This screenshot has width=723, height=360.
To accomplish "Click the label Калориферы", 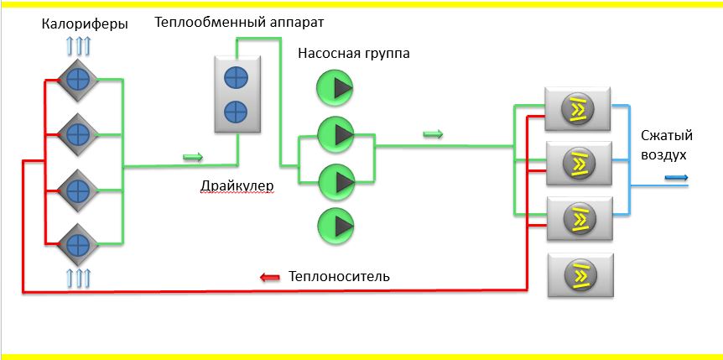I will [85, 24].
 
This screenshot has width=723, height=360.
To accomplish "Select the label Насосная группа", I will [353, 54].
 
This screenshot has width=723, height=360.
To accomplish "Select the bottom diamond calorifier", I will [78, 244].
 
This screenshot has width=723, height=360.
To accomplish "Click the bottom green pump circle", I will [335, 225].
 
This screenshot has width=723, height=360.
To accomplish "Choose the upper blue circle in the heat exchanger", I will [237, 78].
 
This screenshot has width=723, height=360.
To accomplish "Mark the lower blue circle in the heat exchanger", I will [237, 110].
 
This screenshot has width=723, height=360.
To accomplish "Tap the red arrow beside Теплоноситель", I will [269, 277].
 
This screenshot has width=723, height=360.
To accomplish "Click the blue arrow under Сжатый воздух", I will [677, 177].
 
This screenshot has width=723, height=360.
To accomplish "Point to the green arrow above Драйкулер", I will [193, 156].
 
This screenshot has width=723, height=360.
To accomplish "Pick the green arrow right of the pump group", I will [432, 134].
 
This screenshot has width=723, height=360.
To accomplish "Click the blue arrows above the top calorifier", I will [76, 45].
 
